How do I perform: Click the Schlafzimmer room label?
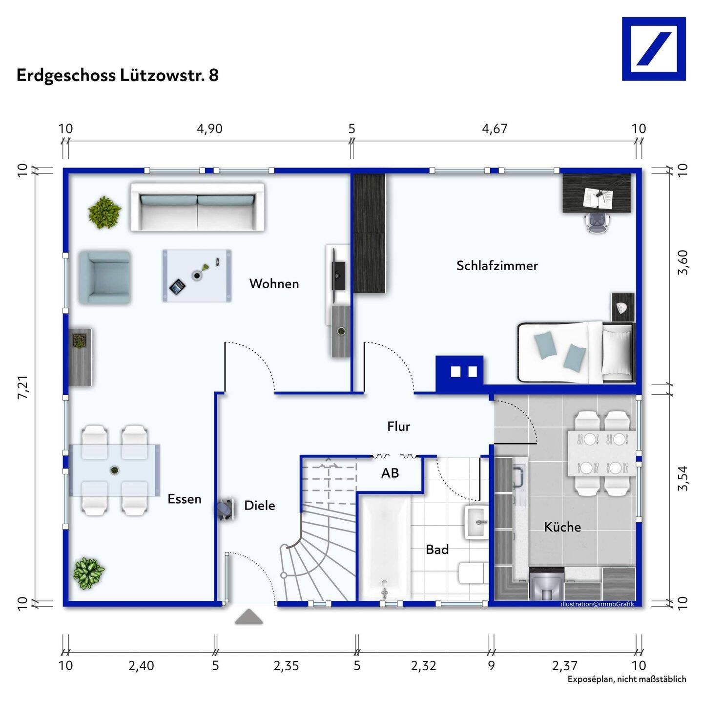(x=497, y=266)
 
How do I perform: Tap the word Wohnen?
(x=274, y=284)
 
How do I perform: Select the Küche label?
(x=562, y=527)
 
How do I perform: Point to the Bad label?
(x=437, y=550)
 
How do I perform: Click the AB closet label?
(x=390, y=473)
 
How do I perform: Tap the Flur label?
(x=398, y=426)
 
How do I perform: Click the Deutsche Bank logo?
(x=654, y=49)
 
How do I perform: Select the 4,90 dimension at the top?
(x=209, y=129)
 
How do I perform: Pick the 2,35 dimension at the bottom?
(x=286, y=666)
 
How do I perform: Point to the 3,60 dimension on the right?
(x=683, y=262)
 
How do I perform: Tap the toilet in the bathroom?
(x=472, y=572)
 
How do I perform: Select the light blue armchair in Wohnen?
(x=104, y=277)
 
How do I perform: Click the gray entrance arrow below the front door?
(x=248, y=617)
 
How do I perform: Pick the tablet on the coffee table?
(x=177, y=286)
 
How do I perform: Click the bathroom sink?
(x=476, y=522)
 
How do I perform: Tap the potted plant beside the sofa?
(x=104, y=212)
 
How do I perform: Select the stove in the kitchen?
(x=547, y=584)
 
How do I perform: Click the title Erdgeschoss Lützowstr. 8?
(x=118, y=76)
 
